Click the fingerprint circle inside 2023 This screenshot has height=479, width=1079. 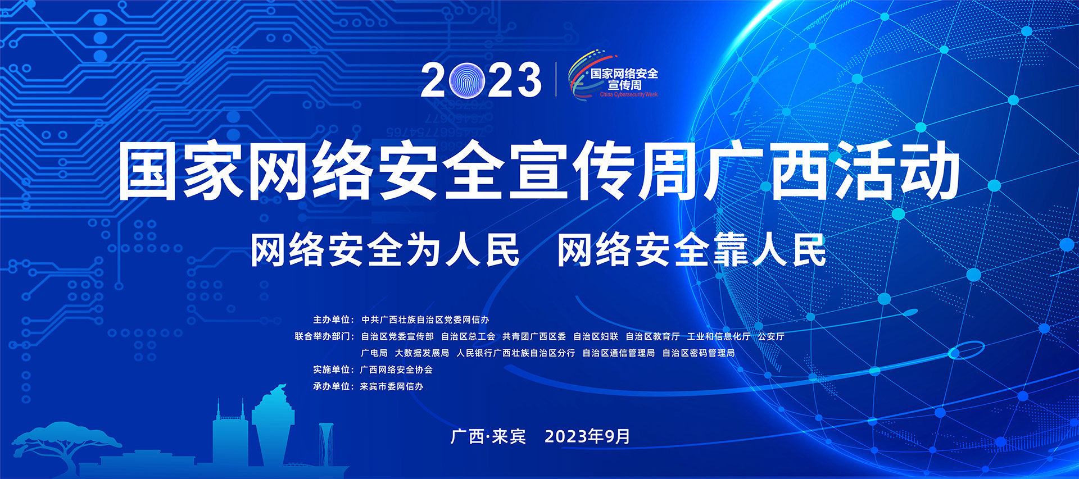468,80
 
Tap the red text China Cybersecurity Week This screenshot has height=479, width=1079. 629,94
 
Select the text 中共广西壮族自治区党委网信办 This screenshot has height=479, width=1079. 425,320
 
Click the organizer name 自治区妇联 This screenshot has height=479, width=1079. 596,336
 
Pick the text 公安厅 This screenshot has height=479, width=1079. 771,336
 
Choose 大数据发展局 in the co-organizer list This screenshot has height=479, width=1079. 422,353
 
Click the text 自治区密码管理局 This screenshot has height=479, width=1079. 699,353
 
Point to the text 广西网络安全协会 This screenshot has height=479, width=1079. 396,369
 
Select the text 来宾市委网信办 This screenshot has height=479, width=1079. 392,386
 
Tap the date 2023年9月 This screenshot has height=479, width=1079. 587,436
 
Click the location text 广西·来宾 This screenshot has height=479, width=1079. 488,436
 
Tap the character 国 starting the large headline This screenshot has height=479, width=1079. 148,171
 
